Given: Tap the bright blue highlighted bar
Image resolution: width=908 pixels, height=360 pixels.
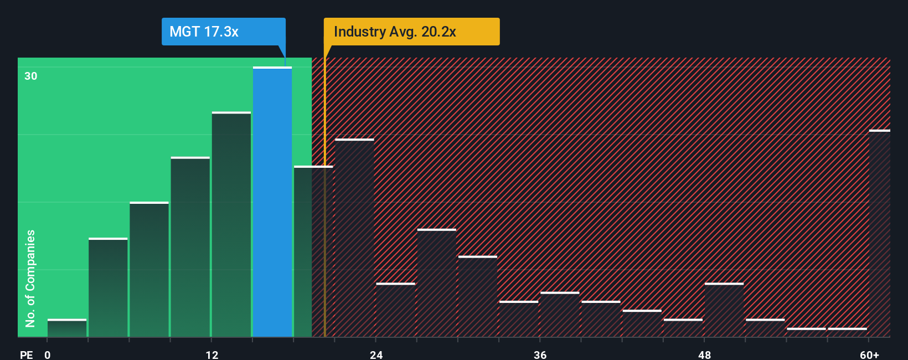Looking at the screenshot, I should pos(272,202).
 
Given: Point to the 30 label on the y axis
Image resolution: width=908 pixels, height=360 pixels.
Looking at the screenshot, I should pos(31,76).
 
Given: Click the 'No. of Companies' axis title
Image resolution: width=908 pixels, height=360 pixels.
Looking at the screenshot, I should pos(30,278).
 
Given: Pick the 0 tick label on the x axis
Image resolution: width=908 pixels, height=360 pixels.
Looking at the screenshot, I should pos(48,354).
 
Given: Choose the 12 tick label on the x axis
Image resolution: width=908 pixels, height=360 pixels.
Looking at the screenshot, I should pos(212,354).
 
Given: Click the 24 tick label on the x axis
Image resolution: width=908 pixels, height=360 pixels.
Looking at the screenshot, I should pos(376,354).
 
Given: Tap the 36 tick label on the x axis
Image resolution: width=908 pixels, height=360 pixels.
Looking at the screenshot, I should pos(540,354).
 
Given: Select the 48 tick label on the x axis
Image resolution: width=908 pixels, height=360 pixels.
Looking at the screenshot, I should pos(704,354).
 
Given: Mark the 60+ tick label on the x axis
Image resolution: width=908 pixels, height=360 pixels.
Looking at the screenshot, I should pos(869,354).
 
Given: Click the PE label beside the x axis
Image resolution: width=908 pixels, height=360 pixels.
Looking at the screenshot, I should pos(27,354).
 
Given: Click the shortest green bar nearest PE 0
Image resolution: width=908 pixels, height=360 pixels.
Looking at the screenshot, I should pos(67,328).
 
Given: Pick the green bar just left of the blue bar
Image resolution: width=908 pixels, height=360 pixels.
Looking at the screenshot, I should pos(231,224).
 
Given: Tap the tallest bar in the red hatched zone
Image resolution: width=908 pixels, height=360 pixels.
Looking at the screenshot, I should pos(354,238).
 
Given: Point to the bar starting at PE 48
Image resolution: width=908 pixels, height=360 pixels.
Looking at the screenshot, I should pos(724,310).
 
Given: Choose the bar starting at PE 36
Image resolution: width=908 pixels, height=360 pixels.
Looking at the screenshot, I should pos(560,315).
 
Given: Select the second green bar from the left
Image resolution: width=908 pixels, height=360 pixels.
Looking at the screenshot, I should pos(108,287).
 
